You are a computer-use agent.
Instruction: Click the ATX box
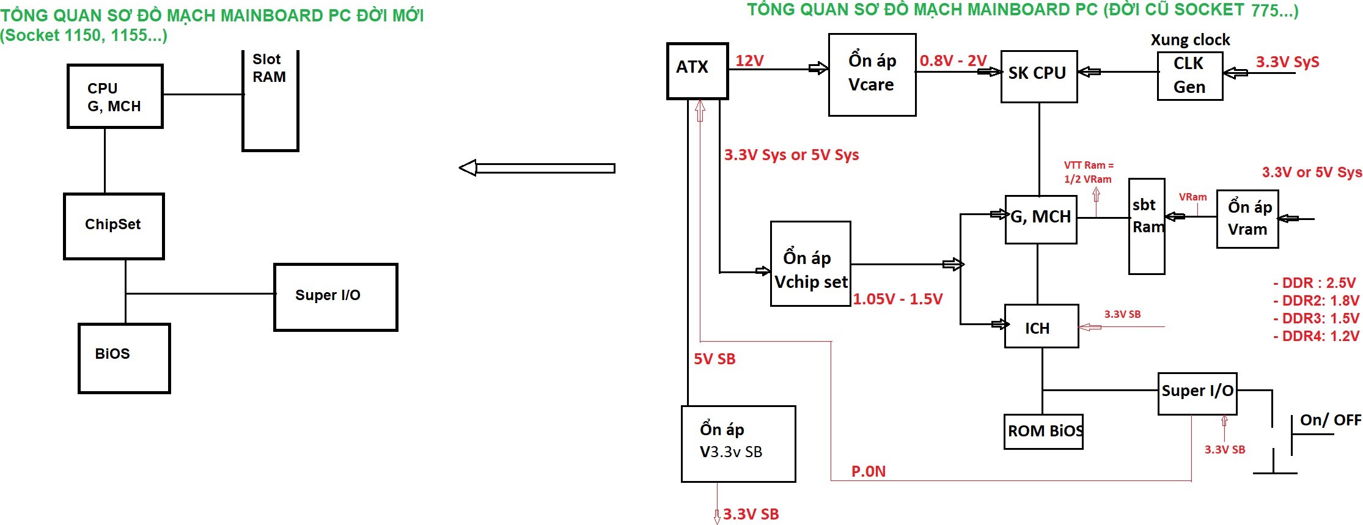click(697, 71)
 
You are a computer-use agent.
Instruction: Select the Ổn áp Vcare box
click(872, 75)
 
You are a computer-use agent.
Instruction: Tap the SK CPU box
click(1038, 76)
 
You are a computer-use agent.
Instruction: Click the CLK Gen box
click(1189, 76)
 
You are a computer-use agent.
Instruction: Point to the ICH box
click(1041, 326)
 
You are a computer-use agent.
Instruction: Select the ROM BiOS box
click(1043, 431)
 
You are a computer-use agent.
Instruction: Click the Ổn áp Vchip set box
click(810, 263)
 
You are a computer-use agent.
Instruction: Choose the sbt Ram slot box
click(1146, 226)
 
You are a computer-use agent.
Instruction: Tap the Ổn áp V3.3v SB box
click(738, 444)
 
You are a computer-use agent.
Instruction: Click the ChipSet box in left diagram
click(114, 226)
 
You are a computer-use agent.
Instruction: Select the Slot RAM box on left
click(270, 101)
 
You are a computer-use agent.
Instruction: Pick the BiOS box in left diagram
click(124, 358)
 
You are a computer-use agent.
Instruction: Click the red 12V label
click(749, 61)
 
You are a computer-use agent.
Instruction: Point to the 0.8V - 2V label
click(953, 61)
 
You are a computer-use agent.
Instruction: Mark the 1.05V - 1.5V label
click(897, 299)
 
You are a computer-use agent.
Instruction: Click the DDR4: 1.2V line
click(1315, 336)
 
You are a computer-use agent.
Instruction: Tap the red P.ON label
click(868, 471)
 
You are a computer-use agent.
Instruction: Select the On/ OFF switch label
click(1329, 420)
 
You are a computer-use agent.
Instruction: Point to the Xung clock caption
click(1189, 40)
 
